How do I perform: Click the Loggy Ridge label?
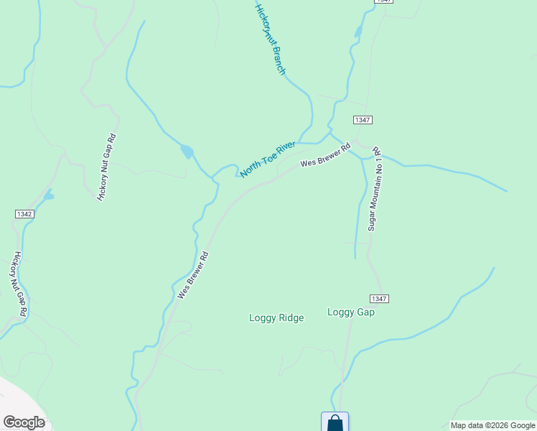coord(276,318)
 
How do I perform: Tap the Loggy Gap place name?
coord(351,312)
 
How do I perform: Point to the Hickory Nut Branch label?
coord(271,40)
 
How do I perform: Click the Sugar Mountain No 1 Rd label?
coord(375,190)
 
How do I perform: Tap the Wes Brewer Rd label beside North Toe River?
coord(324,155)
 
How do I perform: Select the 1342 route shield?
coord(24,214)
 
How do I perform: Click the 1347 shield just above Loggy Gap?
coord(379,298)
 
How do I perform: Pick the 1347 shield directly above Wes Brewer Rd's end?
coord(363,120)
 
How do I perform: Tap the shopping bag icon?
coord(335,422)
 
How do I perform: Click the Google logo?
coord(24,422)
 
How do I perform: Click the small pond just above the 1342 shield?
coord(48,195)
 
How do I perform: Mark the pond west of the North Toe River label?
coord(187,152)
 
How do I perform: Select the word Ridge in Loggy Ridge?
coord(290,318)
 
